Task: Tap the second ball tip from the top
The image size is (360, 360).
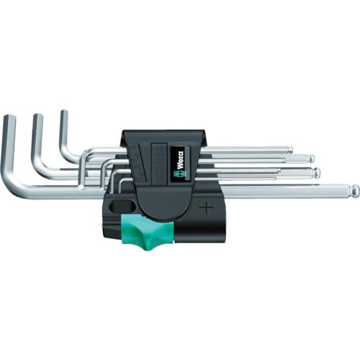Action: pos(312,158)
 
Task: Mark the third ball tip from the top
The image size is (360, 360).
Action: pos(316,173)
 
